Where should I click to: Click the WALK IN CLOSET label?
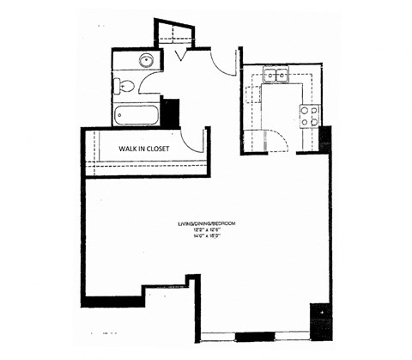pyautogui.click(x=144, y=148)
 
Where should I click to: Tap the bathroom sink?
pyautogui.click(x=147, y=61)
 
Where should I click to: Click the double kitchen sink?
pyautogui.click(x=276, y=76)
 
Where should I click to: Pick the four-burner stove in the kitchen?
pyautogui.click(x=308, y=115)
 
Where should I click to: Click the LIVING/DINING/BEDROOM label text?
pyautogui.click(x=207, y=223)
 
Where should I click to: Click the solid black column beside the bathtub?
pyautogui.click(x=169, y=113)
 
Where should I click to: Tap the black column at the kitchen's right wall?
pyautogui.click(x=325, y=137)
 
